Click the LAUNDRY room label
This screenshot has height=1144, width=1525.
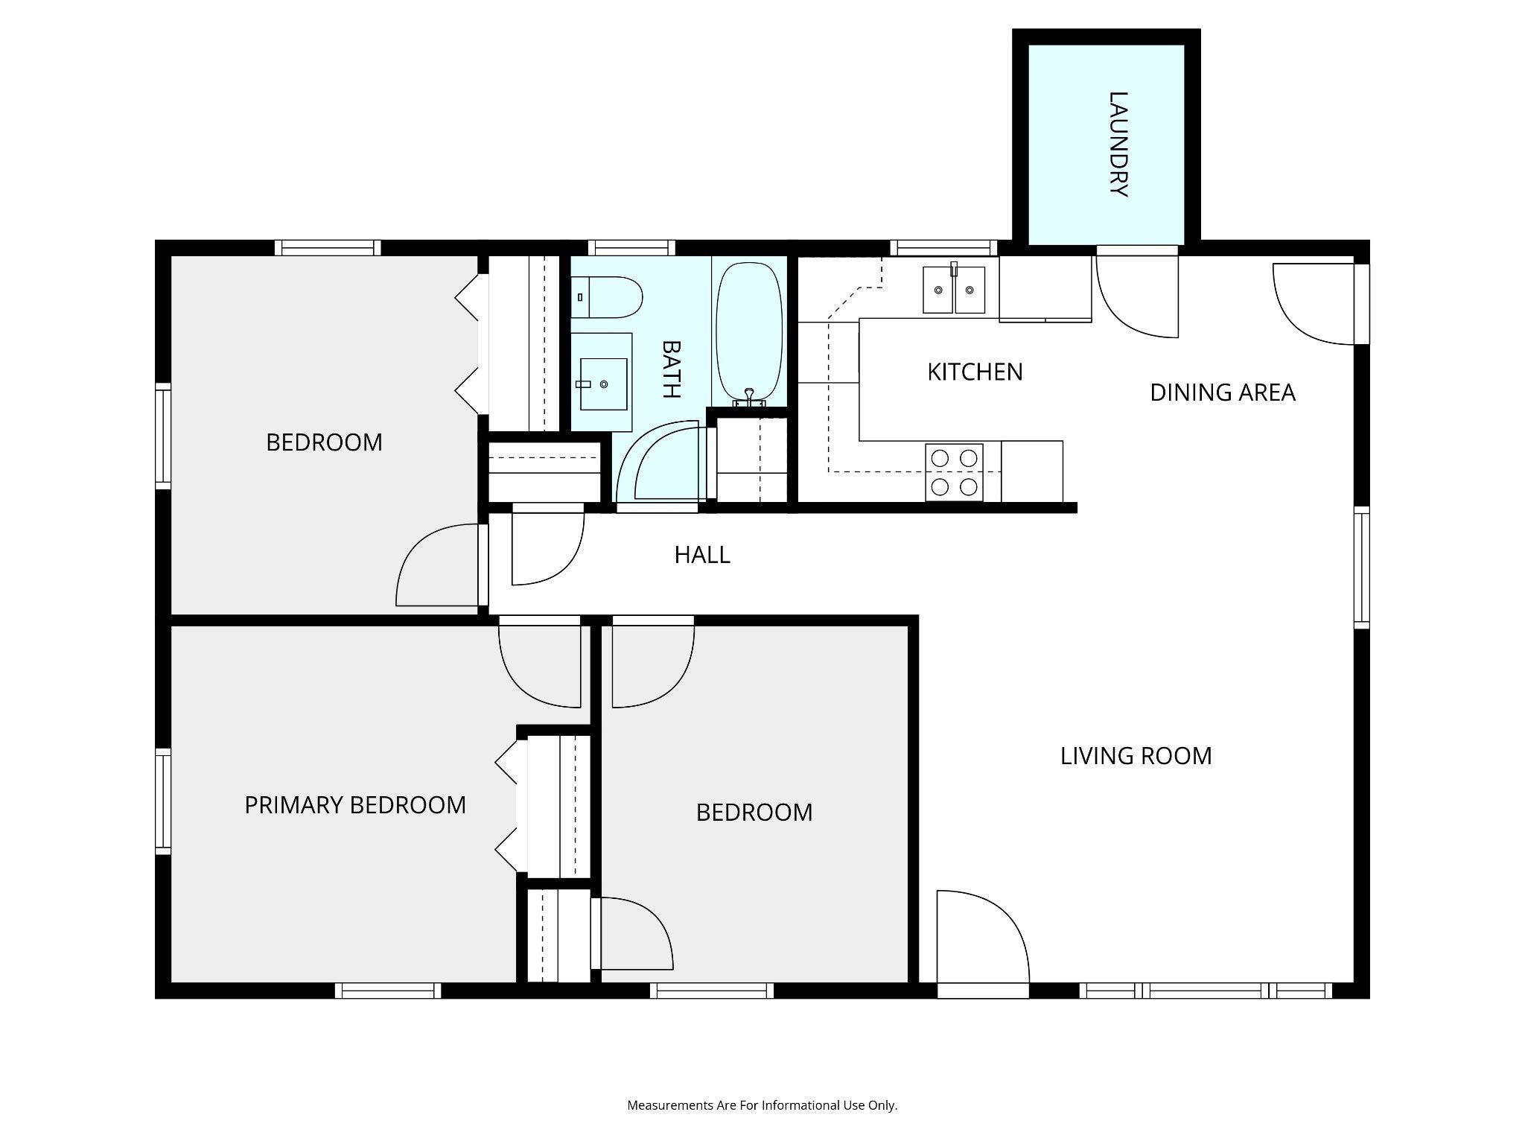[x=1118, y=144]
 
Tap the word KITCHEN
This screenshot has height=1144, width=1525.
[x=975, y=372]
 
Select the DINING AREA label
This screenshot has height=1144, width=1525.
[x=1223, y=393]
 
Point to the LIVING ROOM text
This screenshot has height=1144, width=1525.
[x=1136, y=756]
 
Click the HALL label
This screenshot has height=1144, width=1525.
[x=702, y=555]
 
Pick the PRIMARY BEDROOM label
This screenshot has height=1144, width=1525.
[x=355, y=805]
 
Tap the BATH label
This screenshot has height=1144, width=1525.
[x=672, y=369]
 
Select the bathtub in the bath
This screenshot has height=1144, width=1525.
[x=749, y=332]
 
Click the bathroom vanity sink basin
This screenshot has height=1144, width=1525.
[x=603, y=384]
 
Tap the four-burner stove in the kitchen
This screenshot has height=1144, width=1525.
[x=954, y=472]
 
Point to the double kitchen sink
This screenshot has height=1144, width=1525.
[x=954, y=290]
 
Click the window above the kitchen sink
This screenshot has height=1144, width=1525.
[x=943, y=247]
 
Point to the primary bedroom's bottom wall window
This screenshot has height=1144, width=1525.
[x=388, y=991]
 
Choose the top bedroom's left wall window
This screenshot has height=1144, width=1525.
[x=163, y=436]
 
